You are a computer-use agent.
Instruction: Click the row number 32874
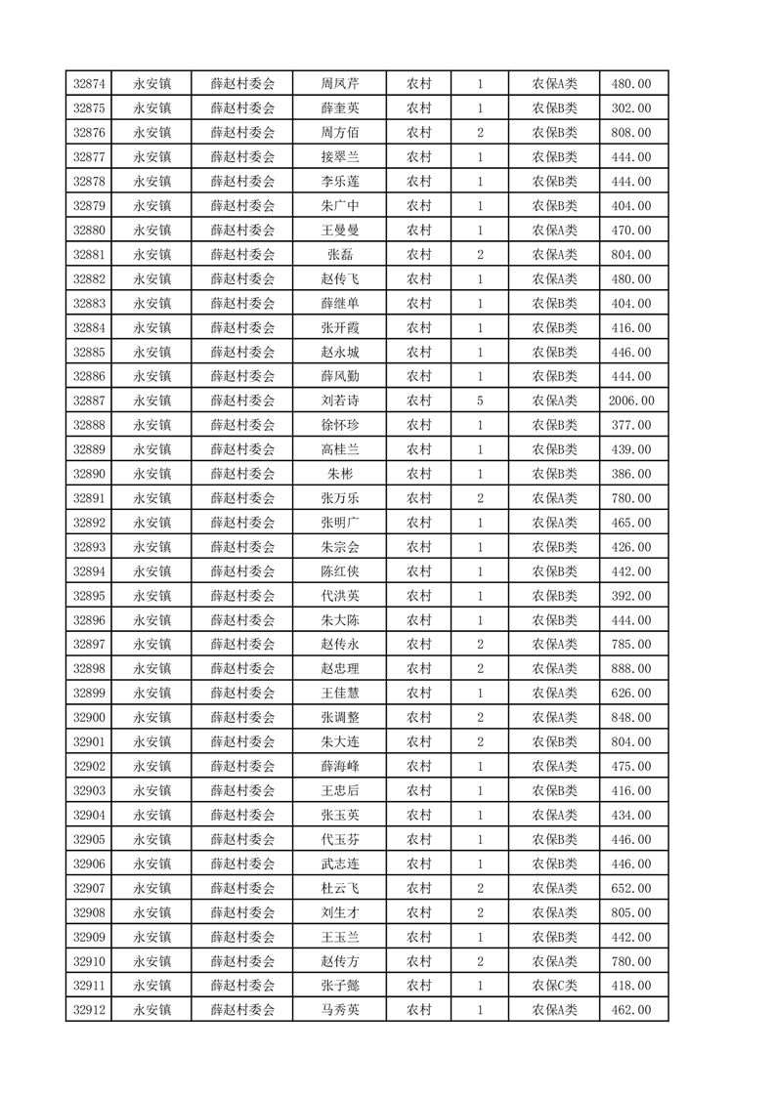(89, 84)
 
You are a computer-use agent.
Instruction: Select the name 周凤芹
(339, 84)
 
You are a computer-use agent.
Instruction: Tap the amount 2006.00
(630, 400)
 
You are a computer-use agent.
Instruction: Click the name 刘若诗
(339, 400)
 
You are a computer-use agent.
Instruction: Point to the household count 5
(480, 400)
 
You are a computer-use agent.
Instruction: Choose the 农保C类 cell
(554, 986)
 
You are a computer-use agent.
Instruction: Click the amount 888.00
(630, 669)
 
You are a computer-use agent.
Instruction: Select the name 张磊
(339, 255)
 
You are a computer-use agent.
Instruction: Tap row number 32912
(89, 1010)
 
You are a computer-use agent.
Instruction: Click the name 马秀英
(339, 1010)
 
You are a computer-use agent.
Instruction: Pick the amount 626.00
(630, 694)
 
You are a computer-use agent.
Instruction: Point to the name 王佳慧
(339, 694)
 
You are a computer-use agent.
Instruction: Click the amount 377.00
(630, 425)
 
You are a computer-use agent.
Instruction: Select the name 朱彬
(339, 474)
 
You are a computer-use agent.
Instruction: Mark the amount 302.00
(630, 108)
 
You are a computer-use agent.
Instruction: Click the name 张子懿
(339, 986)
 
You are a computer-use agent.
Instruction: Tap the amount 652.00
(630, 888)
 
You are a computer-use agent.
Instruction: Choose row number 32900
(89, 718)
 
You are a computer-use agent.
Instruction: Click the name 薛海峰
(339, 767)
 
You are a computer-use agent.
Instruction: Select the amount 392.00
(630, 596)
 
